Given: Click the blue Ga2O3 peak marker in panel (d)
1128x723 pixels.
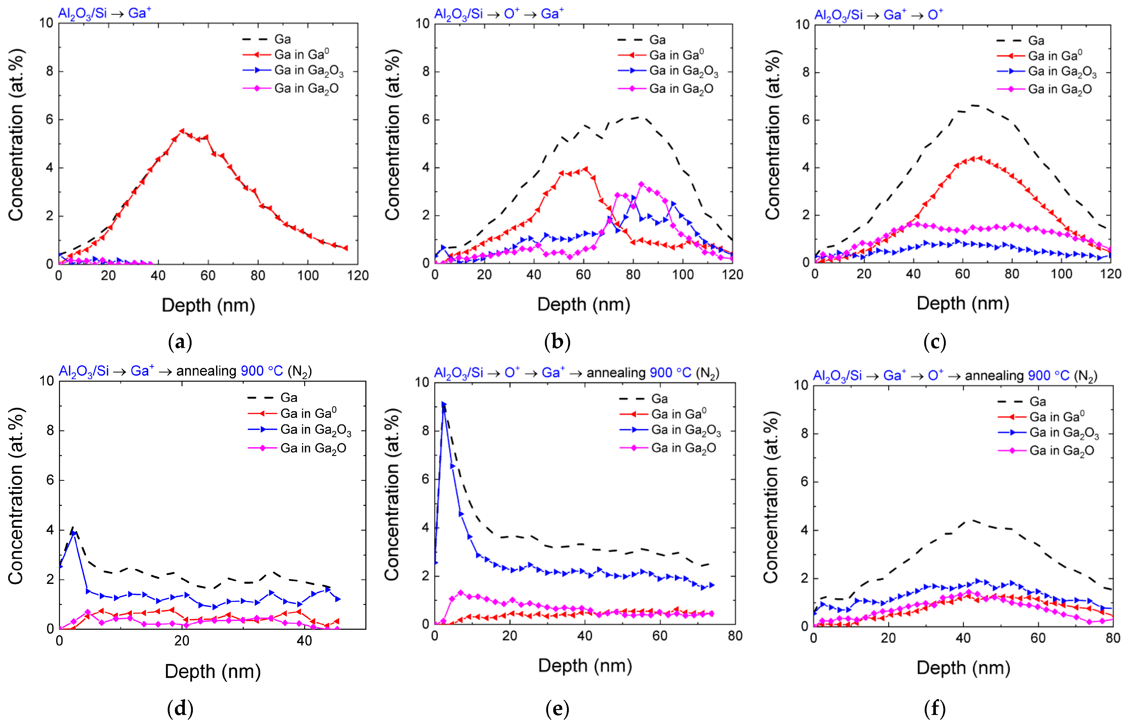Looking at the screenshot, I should coord(74,533).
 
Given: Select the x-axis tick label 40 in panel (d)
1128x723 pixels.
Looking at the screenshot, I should coord(304,640).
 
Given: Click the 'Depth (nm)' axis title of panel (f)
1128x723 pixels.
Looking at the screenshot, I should coord(963,668).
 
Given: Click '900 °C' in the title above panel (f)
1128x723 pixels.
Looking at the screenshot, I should coord(1048,376).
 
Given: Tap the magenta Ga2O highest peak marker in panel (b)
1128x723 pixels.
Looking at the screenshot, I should coord(641,184).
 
